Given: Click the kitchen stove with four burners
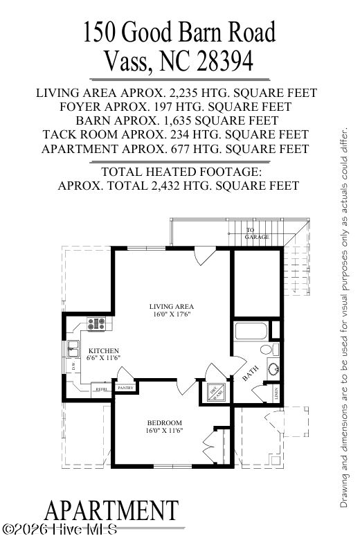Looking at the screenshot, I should click(97, 322).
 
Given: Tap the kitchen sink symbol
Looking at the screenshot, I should click(73, 349).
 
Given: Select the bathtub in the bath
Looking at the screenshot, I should click(255, 330).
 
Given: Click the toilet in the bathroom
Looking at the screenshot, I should click(273, 348).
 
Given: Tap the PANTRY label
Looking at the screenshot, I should click(125, 388).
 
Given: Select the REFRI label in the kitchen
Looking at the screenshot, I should click(101, 390).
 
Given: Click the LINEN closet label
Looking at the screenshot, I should click(276, 394).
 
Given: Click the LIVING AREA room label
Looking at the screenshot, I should click(172, 306).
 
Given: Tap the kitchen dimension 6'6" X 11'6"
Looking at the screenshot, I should click(104, 358).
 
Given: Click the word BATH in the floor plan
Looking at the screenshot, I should click(251, 374).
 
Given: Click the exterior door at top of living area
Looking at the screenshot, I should click(204, 257).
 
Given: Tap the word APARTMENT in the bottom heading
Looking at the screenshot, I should click(111, 511).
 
